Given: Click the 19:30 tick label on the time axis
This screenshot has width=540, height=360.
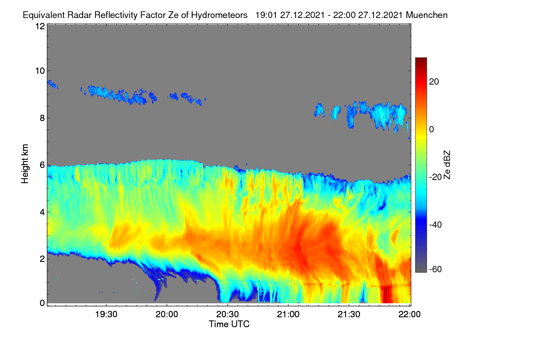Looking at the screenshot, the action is point(106,315).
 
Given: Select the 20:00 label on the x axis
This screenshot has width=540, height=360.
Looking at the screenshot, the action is point(167,315).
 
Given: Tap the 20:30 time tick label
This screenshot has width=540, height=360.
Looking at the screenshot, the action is point(227,315).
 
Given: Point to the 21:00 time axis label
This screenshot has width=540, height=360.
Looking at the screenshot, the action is point(288,315).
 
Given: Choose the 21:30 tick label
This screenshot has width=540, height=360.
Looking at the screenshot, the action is point(349,315).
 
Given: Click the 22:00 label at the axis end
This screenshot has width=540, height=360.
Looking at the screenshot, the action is point(409,315).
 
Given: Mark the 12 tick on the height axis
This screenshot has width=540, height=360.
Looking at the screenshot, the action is point(40,26).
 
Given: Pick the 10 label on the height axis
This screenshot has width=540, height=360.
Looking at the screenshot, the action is point(40,71).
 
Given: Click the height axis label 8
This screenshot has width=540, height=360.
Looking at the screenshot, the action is point(43,118).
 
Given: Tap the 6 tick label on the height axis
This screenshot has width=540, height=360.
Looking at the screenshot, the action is point(43,165).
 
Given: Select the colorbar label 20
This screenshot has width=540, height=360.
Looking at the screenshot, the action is point(434,82).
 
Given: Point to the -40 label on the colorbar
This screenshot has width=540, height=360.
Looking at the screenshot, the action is point(436,225).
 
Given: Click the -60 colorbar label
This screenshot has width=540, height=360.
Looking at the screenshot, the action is point(436,269).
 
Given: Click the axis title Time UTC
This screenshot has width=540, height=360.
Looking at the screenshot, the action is point(229,324).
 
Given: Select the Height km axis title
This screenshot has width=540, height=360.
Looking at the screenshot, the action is point(25,164).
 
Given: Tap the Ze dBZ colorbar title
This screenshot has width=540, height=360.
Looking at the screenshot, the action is point(447,165).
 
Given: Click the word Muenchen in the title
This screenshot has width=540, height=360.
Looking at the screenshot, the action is point(427,15).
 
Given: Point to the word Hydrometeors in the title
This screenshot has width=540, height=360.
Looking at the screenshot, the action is point(219,15).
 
